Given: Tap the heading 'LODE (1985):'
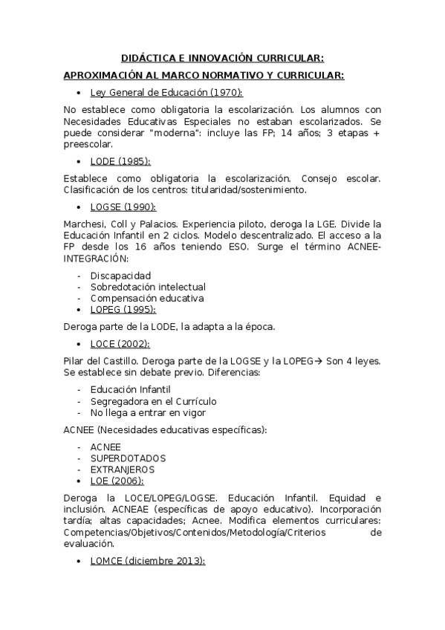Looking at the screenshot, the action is pos(120,161).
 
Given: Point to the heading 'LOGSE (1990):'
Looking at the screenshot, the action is pos(123,207).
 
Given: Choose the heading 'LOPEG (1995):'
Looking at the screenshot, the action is pos(124,309).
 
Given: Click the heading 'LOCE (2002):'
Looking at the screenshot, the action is pos(120,344).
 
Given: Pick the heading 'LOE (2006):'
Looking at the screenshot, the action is pos(117,481).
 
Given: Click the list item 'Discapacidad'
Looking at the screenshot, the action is pos(120,276).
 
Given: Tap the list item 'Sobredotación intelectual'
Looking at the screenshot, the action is pos(148,287).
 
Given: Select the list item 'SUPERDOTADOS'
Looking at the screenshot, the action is pos(128,458).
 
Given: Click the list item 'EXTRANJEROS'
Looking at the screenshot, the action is pos(123,470).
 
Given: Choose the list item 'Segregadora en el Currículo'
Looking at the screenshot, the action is pos(153,401).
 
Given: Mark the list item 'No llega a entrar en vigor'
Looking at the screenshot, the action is pos(148,412).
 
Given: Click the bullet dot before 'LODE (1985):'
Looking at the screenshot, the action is pos(78,161).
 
